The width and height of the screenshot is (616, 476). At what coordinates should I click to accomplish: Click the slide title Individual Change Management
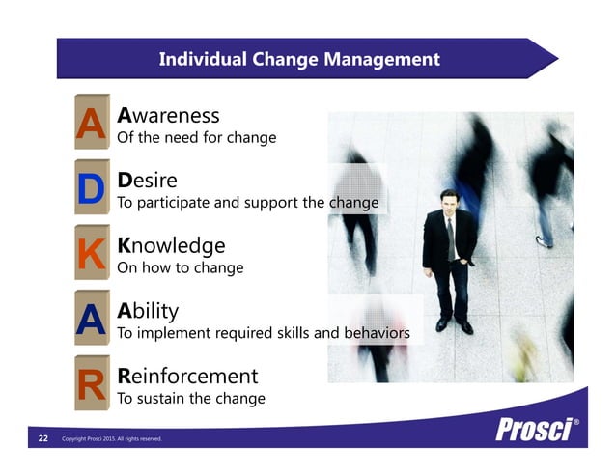(298, 60)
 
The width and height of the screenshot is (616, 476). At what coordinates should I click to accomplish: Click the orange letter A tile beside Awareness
(91, 124)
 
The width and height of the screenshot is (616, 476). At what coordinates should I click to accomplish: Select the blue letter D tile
(91, 189)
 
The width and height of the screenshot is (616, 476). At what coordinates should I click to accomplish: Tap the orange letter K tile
(91, 254)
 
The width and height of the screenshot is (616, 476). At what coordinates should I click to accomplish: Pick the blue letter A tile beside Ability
(91, 320)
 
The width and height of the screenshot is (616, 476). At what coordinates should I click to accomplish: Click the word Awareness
(168, 116)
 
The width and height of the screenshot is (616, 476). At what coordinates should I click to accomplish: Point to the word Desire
(146, 181)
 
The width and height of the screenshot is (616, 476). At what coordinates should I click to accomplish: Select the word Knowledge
(171, 245)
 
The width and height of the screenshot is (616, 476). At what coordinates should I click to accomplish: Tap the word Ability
(147, 311)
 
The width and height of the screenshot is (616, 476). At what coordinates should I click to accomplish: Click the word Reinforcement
(187, 376)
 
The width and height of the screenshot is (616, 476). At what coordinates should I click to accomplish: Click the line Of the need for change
(196, 138)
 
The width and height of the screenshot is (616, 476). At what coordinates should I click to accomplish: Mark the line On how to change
(180, 267)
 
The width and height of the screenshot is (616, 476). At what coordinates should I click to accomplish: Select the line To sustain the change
(190, 398)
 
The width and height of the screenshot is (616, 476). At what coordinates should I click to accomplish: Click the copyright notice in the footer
(111, 439)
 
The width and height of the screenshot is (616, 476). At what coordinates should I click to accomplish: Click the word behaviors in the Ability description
(377, 333)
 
